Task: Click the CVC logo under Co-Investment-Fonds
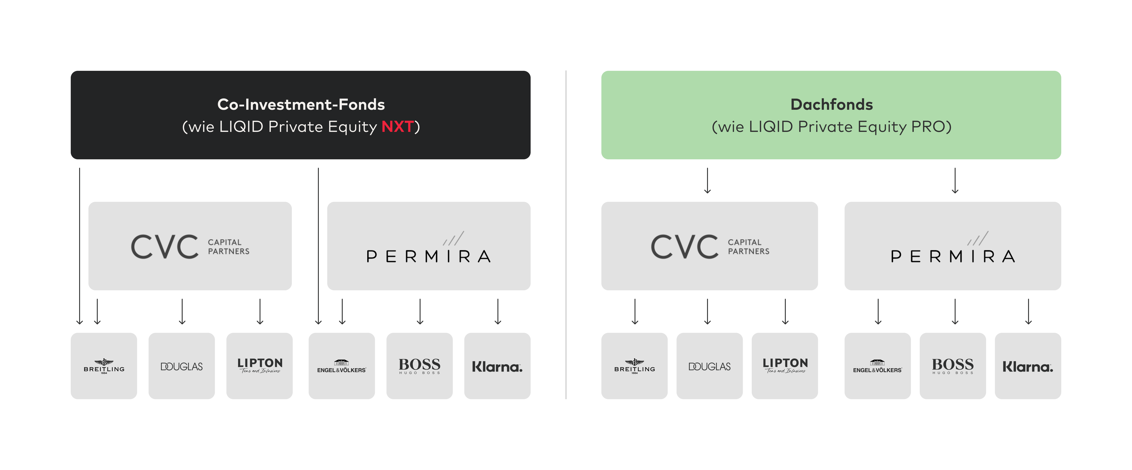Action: click(190, 246)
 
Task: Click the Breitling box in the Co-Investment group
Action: click(104, 366)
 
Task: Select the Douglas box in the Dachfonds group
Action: click(709, 366)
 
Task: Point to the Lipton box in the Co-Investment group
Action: click(259, 366)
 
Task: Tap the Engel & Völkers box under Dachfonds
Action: click(877, 366)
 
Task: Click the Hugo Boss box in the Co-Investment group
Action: click(419, 366)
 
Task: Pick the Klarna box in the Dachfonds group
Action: click(1027, 366)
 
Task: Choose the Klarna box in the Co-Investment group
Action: click(497, 366)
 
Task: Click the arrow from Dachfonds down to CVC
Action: click(707, 180)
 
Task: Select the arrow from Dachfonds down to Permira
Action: click(955, 180)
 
